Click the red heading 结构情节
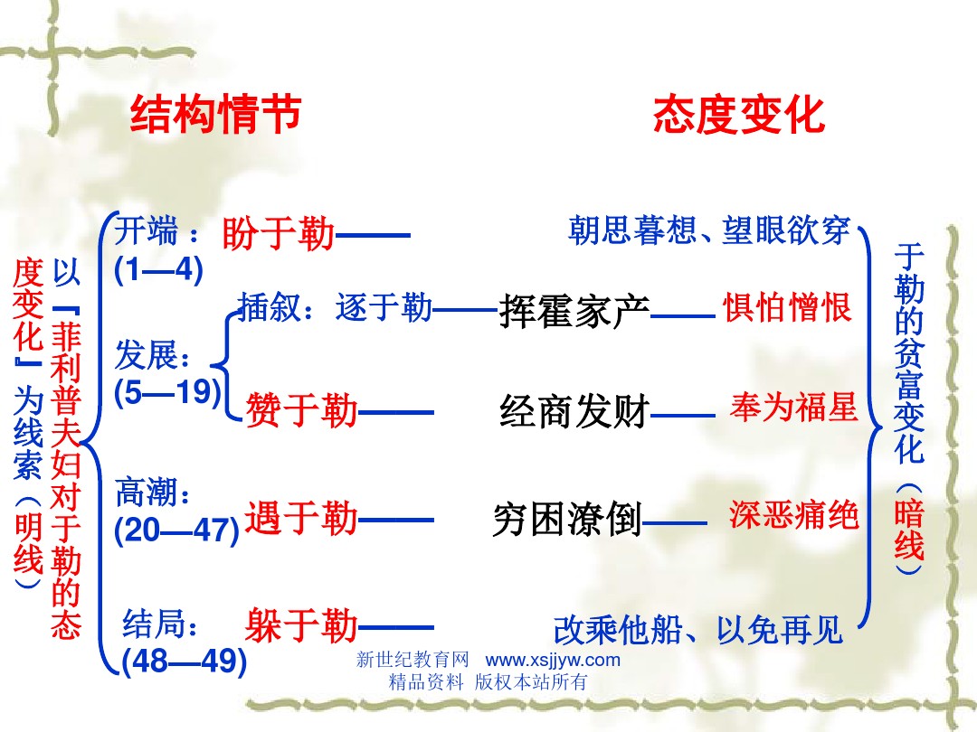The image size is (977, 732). [x=215, y=115]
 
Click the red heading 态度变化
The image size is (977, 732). [x=739, y=115]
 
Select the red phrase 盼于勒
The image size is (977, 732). [x=278, y=234]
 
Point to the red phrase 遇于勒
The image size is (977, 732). [x=301, y=518]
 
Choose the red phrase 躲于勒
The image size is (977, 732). [x=301, y=625]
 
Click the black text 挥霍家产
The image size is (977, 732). [x=574, y=311]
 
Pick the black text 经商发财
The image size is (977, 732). [x=574, y=411]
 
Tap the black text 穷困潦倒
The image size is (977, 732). [x=567, y=519]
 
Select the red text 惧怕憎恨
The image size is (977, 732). [x=787, y=307]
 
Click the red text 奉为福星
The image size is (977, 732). [x=794, y=408]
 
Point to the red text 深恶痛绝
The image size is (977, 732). [x=794, y=515]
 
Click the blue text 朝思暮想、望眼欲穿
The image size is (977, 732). [x=709, y=230]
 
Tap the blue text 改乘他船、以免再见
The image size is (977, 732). [x=697, y=630]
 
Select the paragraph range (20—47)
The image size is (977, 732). [x=177, y=530]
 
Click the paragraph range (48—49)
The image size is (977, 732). [x=185, y=661]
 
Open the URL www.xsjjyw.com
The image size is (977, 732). [x=553, y=660]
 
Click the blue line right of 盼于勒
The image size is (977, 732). [x=373, y=235]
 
